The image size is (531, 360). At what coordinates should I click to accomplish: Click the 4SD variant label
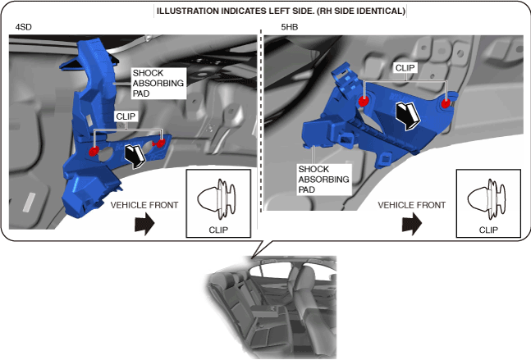(x=24, y=27)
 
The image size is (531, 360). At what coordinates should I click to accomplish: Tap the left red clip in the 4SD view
(x=94, y=151)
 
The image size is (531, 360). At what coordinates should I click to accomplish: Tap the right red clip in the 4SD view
(x=161, y=144)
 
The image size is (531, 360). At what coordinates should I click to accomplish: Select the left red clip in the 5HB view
(x=363, y=102)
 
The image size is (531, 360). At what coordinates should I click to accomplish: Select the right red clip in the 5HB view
(x=446, y=103)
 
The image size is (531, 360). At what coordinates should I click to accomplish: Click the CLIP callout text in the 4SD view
(x=126, y=117)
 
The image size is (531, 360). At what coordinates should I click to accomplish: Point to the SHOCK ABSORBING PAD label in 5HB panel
(x=324, y=180)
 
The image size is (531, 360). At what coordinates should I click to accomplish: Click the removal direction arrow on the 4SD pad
(x=131, y=153)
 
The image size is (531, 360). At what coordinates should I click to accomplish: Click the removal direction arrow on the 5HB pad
(x=405, y=116)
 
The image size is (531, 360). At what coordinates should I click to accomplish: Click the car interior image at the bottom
(x=267, y=308)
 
